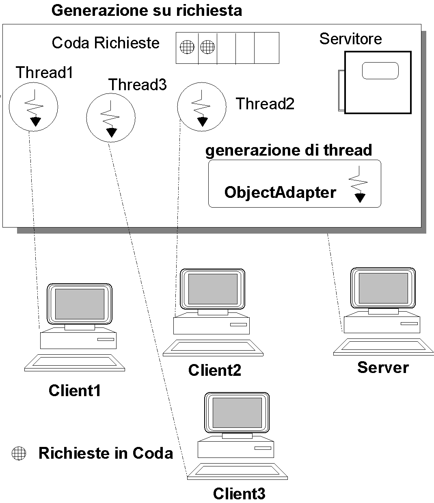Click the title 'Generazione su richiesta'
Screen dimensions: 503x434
(147, 10)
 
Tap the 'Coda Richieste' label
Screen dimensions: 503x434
(106, 43)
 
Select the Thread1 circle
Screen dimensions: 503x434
(33, 107)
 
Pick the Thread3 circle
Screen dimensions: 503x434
(111, 118)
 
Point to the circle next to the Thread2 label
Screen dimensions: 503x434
(201, 106)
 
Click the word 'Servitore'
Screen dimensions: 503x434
(350, 39)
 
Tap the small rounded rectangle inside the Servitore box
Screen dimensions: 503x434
(380, 71)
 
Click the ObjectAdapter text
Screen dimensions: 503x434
(280, 192)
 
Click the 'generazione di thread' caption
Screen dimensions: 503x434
(289, 150)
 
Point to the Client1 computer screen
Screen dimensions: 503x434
(80, 304)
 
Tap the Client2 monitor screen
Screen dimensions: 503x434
(213, 289)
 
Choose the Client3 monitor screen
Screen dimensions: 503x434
(237, 413)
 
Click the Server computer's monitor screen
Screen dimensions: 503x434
(383, 288)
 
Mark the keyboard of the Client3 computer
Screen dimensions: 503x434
(237, 471)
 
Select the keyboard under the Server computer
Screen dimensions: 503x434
(383, 346)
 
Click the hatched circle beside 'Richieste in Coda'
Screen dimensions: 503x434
(19, 453)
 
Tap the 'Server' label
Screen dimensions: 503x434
(383, 367)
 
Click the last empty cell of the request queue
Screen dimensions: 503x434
(267, 48)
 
